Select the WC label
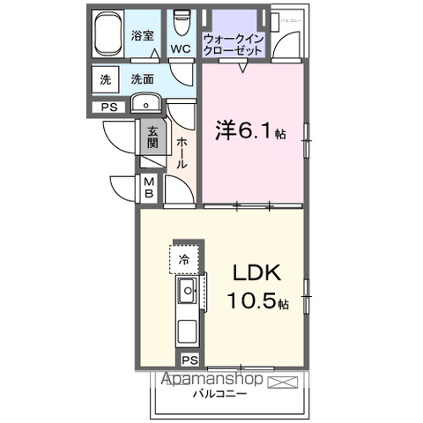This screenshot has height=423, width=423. pos(181,49)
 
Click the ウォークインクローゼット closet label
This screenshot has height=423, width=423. pos(233,45)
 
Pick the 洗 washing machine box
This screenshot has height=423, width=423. pos(105,79)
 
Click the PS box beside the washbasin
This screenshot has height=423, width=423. pos(110,108)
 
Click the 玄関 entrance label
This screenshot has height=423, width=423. pos(152,137)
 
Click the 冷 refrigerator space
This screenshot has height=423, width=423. pos(184,259)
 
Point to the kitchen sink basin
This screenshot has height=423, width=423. pos(187,292)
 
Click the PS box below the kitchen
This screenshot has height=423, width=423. pos(189,360)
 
